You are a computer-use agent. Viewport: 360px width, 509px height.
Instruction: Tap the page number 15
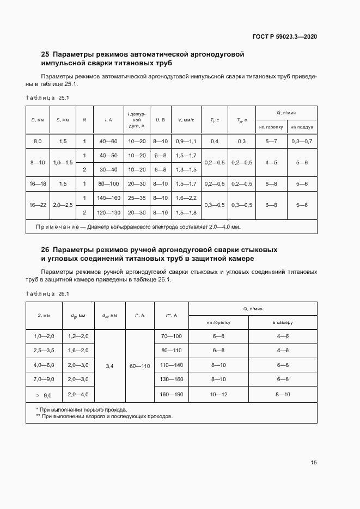pos(314,462)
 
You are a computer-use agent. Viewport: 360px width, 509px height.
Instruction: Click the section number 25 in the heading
pos(45,54)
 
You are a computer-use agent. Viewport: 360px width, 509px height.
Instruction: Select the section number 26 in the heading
pos(45,249)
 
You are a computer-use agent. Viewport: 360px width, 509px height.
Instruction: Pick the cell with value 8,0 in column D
pos(38,142)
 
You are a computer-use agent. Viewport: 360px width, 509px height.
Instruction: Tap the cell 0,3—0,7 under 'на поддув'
pos(301,142)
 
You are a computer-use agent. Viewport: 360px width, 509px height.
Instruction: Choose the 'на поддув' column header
pos(301,127)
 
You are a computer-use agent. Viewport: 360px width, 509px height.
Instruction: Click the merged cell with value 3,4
pos(110,366)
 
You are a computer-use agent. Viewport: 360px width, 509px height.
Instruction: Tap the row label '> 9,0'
pos(44,395)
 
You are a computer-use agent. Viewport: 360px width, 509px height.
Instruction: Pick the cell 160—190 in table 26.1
pos(172,395)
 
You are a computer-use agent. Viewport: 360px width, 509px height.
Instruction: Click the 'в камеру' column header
pos(283,322)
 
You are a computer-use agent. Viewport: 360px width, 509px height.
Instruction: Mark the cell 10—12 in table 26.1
pos(218,395)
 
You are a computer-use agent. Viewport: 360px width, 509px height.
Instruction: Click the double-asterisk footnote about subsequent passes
pos(103,416)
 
